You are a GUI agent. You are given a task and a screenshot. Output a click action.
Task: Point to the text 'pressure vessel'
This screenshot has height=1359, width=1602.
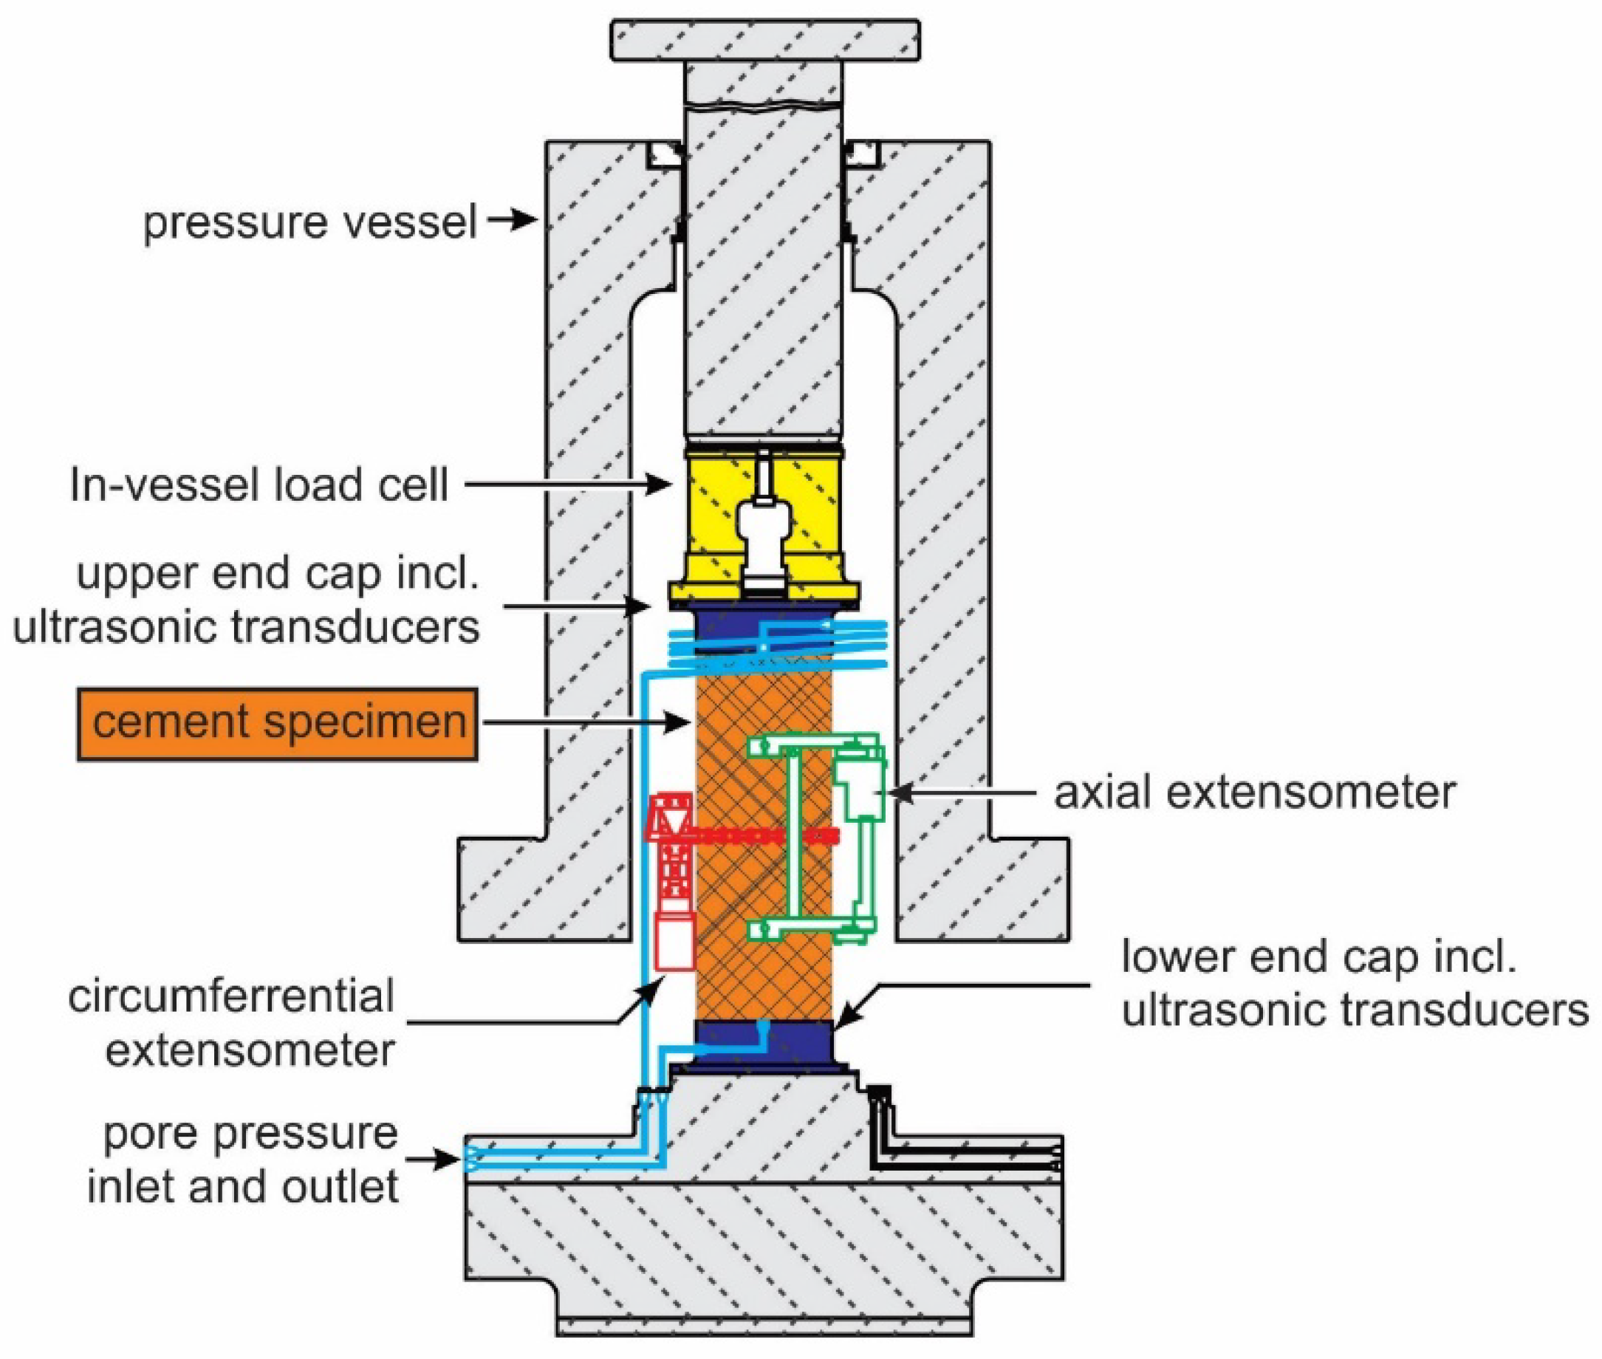tap(310, 222)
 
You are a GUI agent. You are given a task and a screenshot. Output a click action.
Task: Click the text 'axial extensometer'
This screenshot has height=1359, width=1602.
tap(1254, 792)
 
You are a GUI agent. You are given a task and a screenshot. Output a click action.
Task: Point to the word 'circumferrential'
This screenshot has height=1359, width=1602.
tap(231, 996)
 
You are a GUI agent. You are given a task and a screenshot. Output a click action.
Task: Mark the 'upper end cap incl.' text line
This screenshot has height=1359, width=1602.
tap(277, 573)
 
